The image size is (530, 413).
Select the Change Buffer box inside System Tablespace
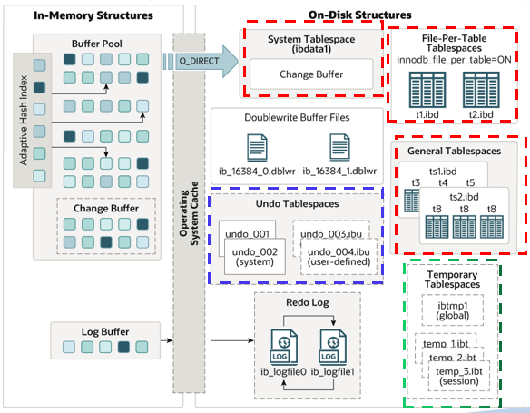309,74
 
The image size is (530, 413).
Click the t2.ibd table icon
480,88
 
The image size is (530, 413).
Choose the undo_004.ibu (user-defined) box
339,256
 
